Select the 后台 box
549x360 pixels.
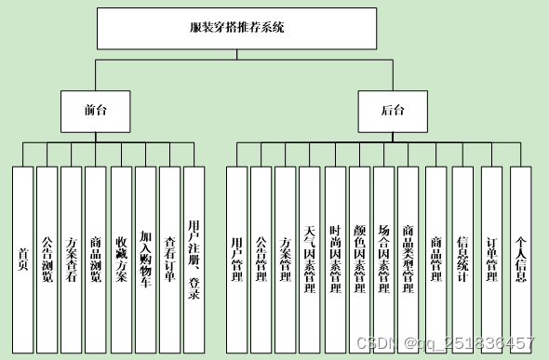pos(393,110)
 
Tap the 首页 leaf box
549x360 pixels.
pos(22,259)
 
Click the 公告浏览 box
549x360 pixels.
pos(47,259)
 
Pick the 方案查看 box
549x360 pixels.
pos(72,259)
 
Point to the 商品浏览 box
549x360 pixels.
pos(96,259)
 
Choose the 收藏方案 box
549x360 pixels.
pos(121,259)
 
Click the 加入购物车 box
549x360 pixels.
pos(145,259)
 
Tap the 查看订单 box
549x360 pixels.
pos(169,259)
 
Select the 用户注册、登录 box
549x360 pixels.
pos(194,259)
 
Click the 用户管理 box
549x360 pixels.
pos(237,259)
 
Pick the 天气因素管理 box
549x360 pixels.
pos(310,259)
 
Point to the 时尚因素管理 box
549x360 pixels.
pos(335,259)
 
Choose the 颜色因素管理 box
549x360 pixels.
pos(359,259)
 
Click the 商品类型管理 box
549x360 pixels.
pos(408,259)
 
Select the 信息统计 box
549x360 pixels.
pos(463,259)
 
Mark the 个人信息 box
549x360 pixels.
pos(521,259)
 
